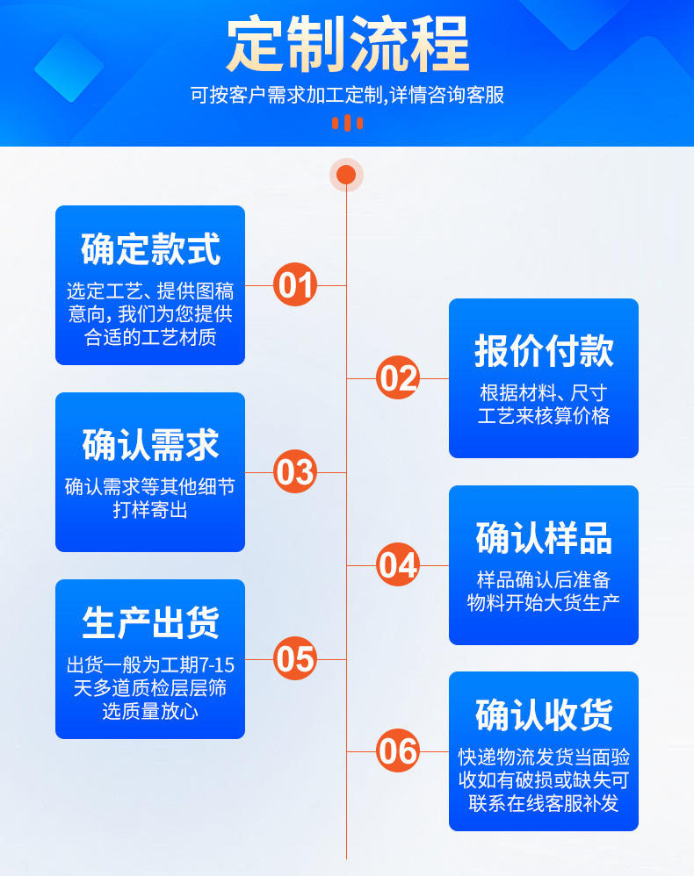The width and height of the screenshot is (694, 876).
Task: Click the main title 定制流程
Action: click(x=347, y=45)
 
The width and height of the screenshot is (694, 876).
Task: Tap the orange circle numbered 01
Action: click(x=295, y=285)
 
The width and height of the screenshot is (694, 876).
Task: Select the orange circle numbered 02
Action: click(x=398, y=378)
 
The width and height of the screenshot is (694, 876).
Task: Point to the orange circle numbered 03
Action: click(x=295, y=472)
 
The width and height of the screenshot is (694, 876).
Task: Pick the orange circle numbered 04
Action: click(x=398, y=565)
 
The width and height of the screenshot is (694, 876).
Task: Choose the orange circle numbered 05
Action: click(x=295, y=658)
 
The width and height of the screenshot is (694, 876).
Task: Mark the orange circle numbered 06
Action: click(x=398, y=751)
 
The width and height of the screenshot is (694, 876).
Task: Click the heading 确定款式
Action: click(x=150, y=248)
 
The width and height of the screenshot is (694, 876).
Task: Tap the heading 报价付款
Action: click(x=544, y=350)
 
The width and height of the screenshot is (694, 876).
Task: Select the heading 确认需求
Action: click(x=150, y=444)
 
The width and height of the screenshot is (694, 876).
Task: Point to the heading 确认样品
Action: click(x=544, y=537)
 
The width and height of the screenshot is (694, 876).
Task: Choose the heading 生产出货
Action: click(x=150, y=622)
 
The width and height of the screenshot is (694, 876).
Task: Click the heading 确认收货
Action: click(x=544, y=714)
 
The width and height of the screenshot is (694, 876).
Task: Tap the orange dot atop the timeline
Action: click(x=346, y=175)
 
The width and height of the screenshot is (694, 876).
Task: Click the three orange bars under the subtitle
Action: click(x=347, y=123)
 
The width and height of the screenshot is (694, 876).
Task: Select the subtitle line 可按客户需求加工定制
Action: click(x=347, y=95)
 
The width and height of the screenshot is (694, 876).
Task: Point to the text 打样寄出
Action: click(x=150, y=510)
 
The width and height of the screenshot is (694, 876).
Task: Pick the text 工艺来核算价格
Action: click(x=544, y=416)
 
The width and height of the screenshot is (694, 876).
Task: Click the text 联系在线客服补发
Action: click(x=544, y=802)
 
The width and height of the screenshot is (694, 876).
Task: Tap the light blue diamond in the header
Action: click(x=69, y=68)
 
